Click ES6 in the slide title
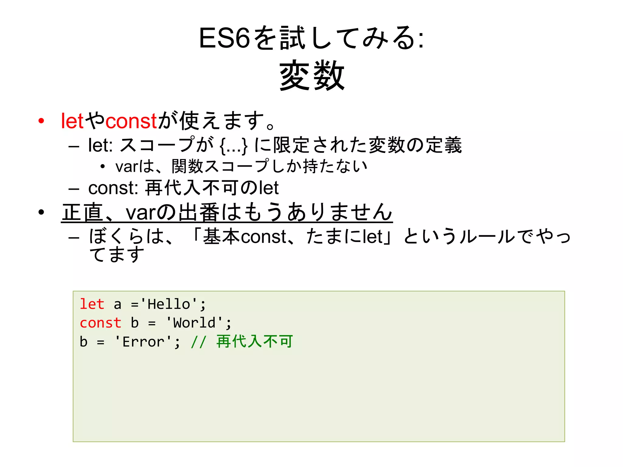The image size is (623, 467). (x=224, y=38)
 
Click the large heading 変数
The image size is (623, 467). (x=311, y=75)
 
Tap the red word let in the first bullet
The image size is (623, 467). (x=72, y=121)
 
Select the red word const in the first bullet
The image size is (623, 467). (x=131, y=121)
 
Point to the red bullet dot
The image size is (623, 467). (x=41, y=121)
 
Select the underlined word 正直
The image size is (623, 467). (x=82, y=212)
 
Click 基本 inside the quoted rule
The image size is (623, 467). (x=222, y=237)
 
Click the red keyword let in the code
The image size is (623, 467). (x=92, y=304)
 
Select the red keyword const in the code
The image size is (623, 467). (x=100, y=323)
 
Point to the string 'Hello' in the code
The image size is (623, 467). (x=169, y=304)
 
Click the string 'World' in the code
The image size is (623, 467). (x=194, y=323)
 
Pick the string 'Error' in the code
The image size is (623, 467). (x=144, y=342)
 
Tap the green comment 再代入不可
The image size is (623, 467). (x=255, y=341)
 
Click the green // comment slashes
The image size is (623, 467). (x=199, y=342)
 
